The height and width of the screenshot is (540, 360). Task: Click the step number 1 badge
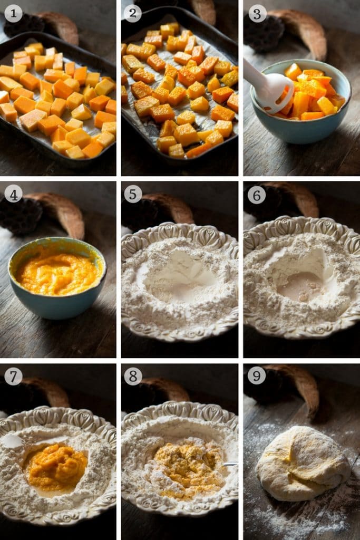pyautogui.click(x=13, y=13)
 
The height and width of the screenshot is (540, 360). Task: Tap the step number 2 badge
pyautogui.click(x=132, y=13)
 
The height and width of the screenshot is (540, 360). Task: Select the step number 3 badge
pyautogui.click(x=257, y=14)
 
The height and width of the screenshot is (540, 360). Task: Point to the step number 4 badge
pyautogui.click(x=13, y=195)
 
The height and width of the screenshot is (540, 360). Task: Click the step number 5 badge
pyautogui.click(x=132, y=195)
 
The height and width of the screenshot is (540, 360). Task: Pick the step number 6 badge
pyautogui.click(x=257, y=195)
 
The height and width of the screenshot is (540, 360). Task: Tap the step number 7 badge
pyautogui.click(x=13, y=377)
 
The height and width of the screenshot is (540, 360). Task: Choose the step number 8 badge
pyautogui.click(x=133, y=377)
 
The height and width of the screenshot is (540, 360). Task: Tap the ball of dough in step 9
pyautogui.click(x=302, y=463)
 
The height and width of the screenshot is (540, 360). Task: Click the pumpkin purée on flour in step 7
pyautogui.click(x=57, y=467)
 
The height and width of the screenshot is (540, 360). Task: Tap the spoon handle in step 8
pyautogui.click(x=230, y=465)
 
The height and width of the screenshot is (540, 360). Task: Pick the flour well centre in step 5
pyautogui.click(x=177, y=275)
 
